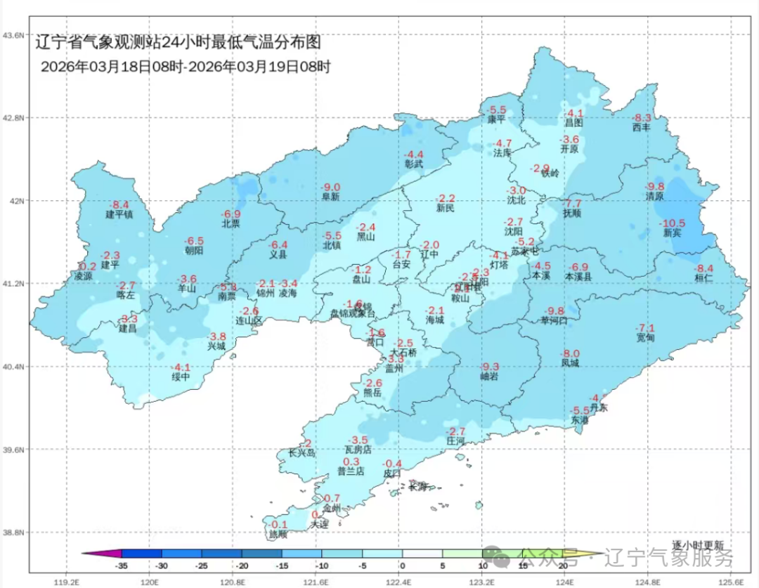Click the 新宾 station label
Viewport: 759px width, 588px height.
pyautogui.click(x=671, y=233)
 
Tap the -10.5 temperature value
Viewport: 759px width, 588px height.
pyautogui.click(x=673, y=223)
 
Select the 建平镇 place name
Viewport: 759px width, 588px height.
pyautogui.click(x=119, y=214)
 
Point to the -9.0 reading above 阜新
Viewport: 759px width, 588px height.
pyautogui.click(x=330, y=188)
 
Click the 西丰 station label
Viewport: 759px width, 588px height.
pyautogui.click(x=642, y=128)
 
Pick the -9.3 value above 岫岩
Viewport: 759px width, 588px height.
pyautogui.click(x=489, y=367)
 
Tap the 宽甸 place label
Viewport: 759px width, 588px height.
pyautogui.click(x=645, y=338)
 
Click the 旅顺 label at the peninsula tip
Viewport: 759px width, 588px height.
pyautogui.click(x=278, y=535)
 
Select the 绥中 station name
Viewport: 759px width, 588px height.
pyautogui.click(x=181, y=377)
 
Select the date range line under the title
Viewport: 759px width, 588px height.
pyautogui.click(x=186, y=67)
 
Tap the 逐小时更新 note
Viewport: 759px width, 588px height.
pyautogui.click(x=696, y=544)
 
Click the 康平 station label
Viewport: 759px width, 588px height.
pyautogui.click(x=497, y=120)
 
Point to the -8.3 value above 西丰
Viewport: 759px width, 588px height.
pyautogui.click(x=642, y=118)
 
